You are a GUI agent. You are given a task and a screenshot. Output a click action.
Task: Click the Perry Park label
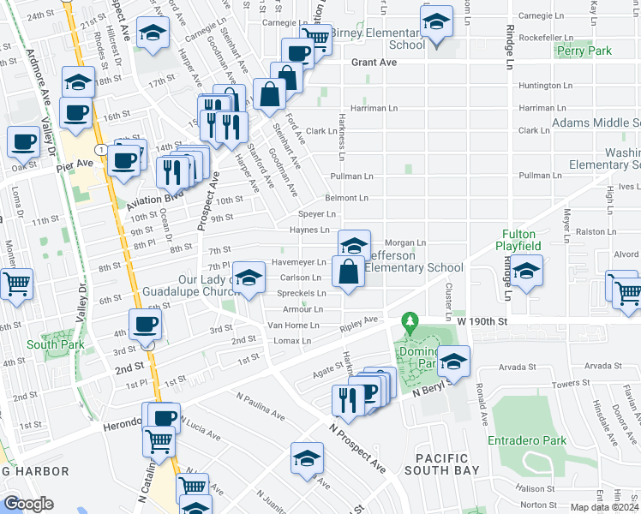pos(584,51)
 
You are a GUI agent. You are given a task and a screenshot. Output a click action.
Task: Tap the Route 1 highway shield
pos(102,150)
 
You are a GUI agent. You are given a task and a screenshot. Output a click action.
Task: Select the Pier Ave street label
pos(73,163)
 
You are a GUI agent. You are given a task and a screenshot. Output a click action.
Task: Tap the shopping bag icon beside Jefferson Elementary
pos(348,273)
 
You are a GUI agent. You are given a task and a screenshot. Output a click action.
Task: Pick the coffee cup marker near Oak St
pos(24,141)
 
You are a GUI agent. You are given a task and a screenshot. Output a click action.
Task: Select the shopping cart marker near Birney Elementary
pos(315,37)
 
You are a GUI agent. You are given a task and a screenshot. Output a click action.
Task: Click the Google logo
pos(28,504)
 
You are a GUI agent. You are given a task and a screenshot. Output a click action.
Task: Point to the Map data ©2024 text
pos(605,507)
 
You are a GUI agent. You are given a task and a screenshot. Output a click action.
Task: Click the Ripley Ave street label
pos(358,324)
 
